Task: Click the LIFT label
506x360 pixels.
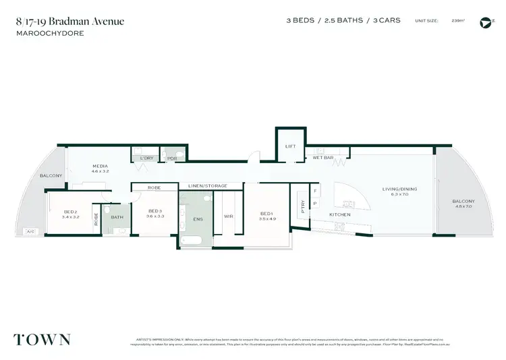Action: click(x=291, y=146)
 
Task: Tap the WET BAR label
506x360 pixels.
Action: click(x=323, y=157)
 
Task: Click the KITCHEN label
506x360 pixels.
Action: click(x=339, y=214)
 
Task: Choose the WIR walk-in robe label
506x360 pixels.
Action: click(x=228, y=216)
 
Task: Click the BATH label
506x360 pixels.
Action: click(x=116, y=217)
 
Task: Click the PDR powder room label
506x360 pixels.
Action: click(x=172, y=158)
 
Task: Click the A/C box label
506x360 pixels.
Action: click(x=30, y=232)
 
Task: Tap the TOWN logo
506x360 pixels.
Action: click(x=41, y=339)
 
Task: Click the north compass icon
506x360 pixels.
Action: click(x=484, y=22)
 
